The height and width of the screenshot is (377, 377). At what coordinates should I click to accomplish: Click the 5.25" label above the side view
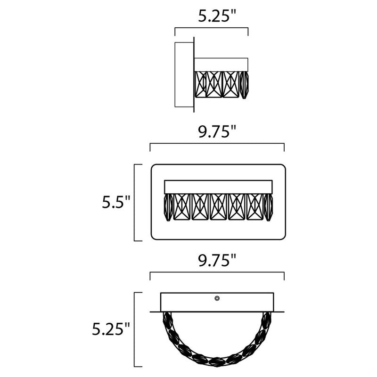pyautogui.click(x=216, y=17)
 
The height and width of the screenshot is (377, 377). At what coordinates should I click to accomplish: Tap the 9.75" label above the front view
pyautogui.click(x=216, y=132)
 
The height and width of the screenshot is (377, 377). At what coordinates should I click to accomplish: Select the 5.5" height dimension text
pyautogui.click(x=115, y=203)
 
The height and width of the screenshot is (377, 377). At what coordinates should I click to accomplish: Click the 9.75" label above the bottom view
pyautogui.click(x=216, y=260)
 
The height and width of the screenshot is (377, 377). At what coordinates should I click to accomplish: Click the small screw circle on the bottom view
pyautogui.click(x=217, y=298)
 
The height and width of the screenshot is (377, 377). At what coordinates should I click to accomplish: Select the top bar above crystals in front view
pyautogui.click(x=218, y=186)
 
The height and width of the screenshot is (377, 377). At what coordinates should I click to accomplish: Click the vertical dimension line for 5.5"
pyautogui.click(x=135, y=203)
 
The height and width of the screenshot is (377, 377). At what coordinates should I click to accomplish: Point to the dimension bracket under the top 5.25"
pyautogui.click(x=212, y=29)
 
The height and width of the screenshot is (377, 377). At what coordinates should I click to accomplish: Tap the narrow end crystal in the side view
pyautogui.click(x=245, y=85)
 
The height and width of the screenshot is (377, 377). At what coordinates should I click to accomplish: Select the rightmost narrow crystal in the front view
pyautogui.click(x=270, y=207)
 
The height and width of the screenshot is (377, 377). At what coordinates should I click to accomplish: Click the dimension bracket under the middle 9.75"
pyautogui.click(x=217, y=144)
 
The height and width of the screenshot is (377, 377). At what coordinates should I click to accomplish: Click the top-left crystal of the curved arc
pyautogui.click(x=166, y=320)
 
